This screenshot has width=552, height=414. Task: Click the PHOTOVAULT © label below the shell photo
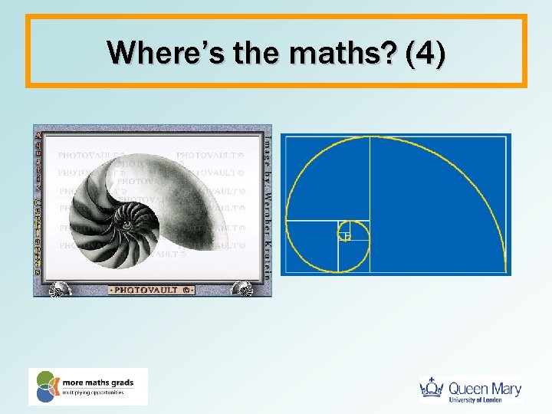(152, 290)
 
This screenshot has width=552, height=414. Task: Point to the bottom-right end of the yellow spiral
(506, 270)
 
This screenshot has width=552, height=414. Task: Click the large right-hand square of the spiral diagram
(438, 205)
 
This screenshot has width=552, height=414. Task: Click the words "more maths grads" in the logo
(98, 381)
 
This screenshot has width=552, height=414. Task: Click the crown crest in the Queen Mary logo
(433, 389)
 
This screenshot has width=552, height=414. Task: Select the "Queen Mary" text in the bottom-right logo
(485, 387)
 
